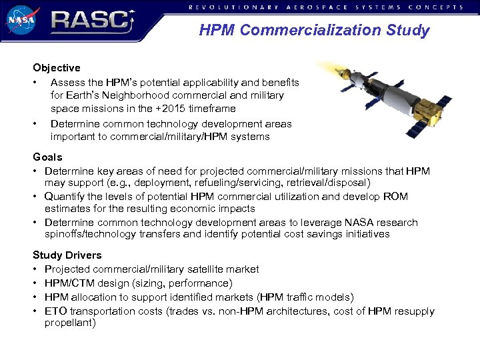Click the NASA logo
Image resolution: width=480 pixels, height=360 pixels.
[x=21, y=20]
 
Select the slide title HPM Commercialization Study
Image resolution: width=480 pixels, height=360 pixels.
[x=314, y=30]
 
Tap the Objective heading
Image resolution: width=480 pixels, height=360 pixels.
[x=57, y=67]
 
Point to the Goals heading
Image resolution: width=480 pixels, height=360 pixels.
[x=47, y=157]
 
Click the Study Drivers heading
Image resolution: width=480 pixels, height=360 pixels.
[x=67, y=255]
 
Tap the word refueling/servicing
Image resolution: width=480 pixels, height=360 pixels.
[x=246, y=182]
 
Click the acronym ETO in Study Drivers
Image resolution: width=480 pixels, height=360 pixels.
[x=55, y=311]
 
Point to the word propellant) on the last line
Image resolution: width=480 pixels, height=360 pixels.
[x=70, y=323]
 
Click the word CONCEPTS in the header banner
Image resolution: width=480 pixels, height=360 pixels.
[x=437, y=7]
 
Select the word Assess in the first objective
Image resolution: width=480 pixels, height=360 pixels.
[x=67, y=82]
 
